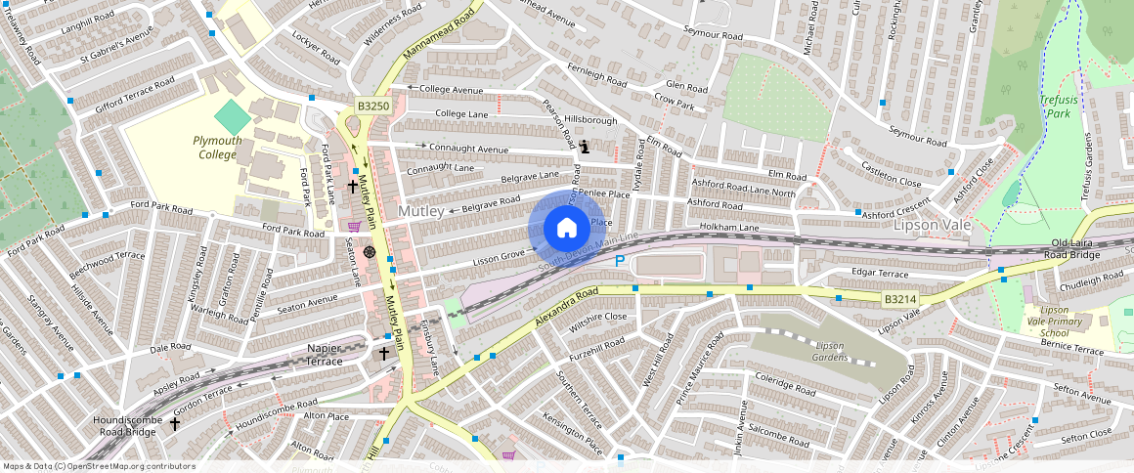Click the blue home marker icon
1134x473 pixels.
pos(566,229)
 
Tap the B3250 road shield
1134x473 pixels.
pos(372,106)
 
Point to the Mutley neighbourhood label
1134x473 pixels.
pos(421,211)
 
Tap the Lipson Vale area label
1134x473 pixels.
pos(933,225)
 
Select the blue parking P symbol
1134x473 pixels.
pos(619,261)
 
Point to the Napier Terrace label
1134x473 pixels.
pos(310,354)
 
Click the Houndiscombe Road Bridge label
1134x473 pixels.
pos(126,425)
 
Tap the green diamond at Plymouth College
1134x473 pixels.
pos(232,118)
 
